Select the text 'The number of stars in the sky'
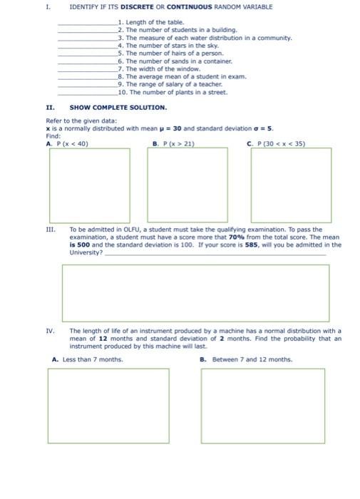168,45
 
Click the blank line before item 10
87,93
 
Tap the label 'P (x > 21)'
176,143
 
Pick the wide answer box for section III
195,292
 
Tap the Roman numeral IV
50,331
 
